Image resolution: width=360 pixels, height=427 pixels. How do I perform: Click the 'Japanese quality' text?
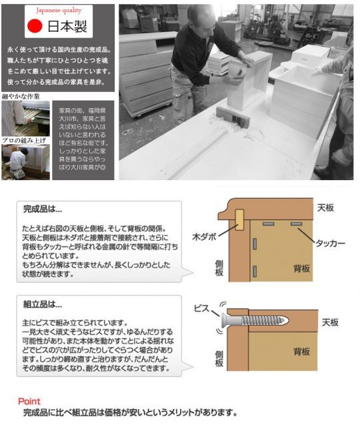click(x=63, y=10)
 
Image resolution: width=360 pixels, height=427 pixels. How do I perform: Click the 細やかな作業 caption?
click(x=21, y=97)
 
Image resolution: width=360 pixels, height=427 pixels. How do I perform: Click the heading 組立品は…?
click(x=41, y=304)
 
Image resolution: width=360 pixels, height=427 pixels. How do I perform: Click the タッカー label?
click(x=329, y=244)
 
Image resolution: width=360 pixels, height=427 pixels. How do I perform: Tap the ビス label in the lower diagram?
click(x=202, y=309)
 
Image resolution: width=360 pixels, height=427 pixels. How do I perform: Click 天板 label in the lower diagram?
click(x=330, y=322)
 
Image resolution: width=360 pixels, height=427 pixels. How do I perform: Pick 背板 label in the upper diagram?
click(x=302, y=268)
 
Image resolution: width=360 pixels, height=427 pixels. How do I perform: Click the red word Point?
click(x=29, y=401)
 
